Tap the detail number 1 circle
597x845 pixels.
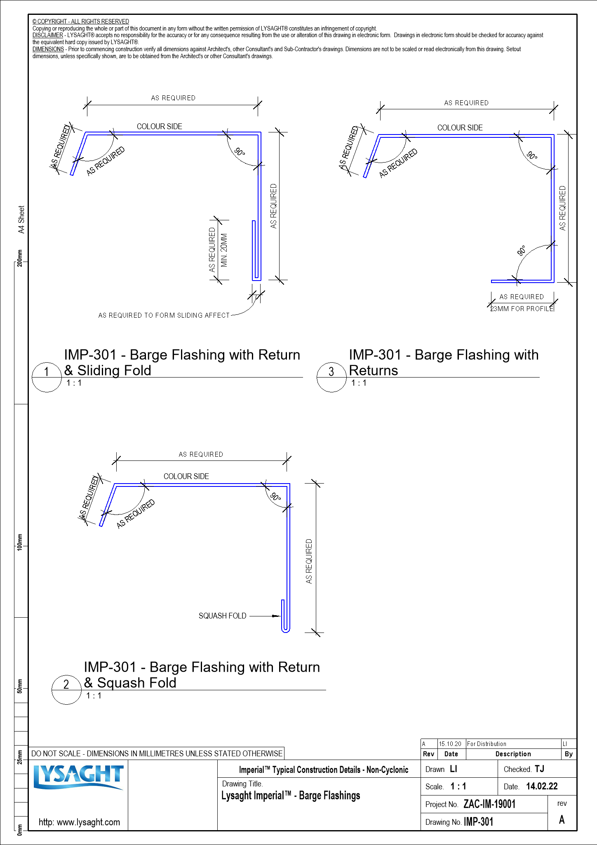coord(47,377)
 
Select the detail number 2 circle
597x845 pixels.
coord(66,689)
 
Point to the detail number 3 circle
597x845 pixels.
coord(331,377)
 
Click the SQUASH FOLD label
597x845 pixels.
coord(222,616)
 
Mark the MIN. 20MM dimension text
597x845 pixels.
coord(224,250)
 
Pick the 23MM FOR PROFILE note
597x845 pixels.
coord(522,309)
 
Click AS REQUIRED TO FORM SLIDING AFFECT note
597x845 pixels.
coord(164,316)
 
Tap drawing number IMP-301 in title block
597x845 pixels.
coord(478,822)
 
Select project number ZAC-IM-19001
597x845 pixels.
coord(489,804)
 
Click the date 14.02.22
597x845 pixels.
coord(542,786)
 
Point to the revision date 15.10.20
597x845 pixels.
coord(450,744)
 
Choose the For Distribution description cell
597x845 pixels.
coord(487,744)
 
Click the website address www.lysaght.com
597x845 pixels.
coord(79,822)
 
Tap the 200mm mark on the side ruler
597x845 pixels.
coord(20,258)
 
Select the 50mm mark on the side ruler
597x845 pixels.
coord(20,686)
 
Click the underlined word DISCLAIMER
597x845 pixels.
coord(48,35)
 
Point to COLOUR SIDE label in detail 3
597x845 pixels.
coord(460,128)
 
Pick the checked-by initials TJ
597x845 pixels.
coord(539,769)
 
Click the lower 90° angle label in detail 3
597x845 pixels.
coord(522,251)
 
